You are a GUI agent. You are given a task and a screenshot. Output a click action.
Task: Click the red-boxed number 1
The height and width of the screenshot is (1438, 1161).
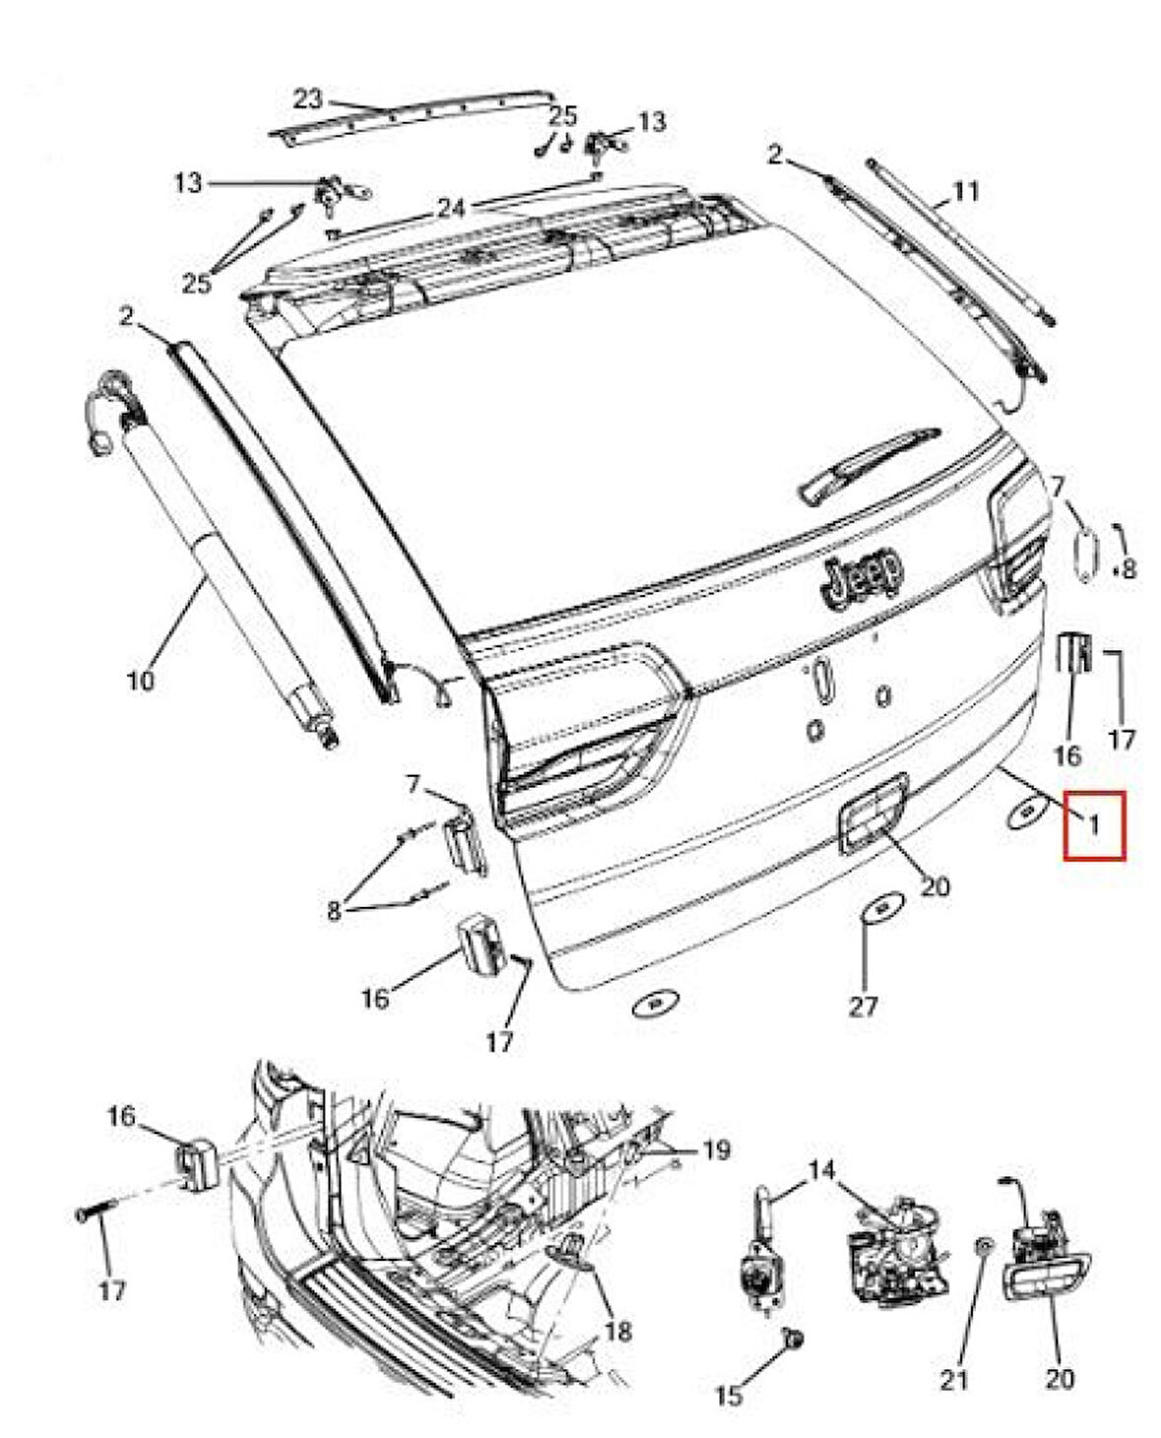click(1093, 825)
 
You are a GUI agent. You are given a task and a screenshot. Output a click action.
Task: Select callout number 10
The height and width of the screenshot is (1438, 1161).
click(142, 679)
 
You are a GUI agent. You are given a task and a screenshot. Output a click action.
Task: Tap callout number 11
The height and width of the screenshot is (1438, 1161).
click(966, 190)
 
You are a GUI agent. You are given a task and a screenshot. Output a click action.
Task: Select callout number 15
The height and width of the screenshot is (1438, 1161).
click(730, 1394)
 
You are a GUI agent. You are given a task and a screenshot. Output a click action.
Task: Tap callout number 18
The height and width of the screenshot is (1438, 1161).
click(617, 1332)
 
